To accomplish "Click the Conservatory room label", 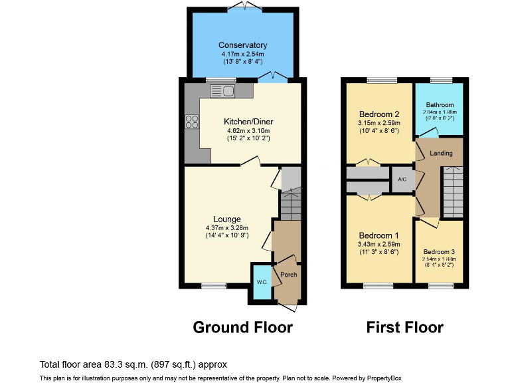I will point(242,45).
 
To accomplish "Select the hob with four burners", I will point(193,121).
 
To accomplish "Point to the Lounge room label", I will point(226,219).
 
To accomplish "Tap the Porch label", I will point(288,275).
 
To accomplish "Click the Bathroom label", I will point(440,105).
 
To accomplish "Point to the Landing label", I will point(441,154).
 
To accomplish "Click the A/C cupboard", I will point(402,180).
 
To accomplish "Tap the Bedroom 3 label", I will point(440,252).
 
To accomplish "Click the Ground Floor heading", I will point(242,327).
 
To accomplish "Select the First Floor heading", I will point(404,327).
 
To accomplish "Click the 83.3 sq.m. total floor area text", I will point(133,364).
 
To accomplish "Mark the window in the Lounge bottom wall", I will point(213,287).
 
